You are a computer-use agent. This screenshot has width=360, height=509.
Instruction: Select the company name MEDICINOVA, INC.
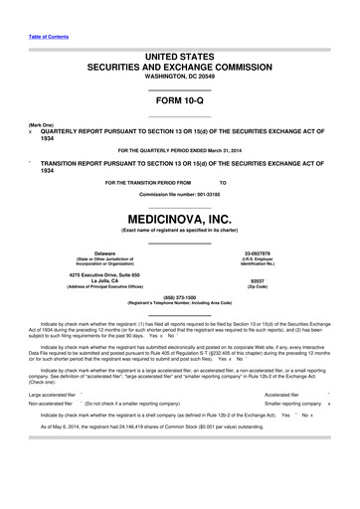(180, 214)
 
